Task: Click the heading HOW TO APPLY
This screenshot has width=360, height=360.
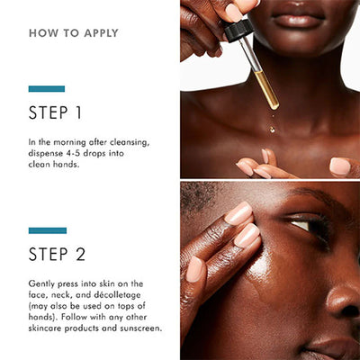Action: click(x=74, y=33)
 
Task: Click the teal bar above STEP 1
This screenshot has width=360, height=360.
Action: click(x=47, y=88)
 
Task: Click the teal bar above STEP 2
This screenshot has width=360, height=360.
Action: click(x=47, y=230)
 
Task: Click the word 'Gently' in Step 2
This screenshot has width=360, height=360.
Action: click(x=43, y=283)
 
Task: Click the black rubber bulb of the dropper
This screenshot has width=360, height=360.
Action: click(x=238, y=29)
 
